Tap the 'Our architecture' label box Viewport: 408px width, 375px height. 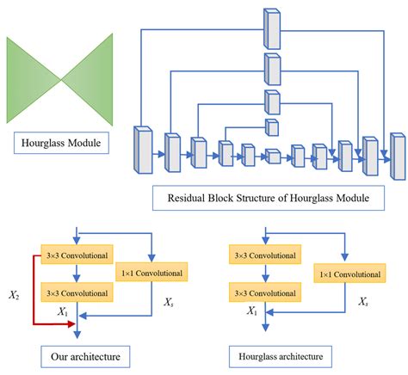(79, 353)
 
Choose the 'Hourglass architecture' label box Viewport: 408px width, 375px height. (268, 353)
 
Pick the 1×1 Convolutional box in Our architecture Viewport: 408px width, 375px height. (151, 274)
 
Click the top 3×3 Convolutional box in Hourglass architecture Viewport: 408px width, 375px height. (263, 255)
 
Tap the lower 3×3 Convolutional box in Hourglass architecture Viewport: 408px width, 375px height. (263, 293)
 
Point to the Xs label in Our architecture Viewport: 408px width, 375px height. (170, 303)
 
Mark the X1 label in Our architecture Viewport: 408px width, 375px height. (64, 311)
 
